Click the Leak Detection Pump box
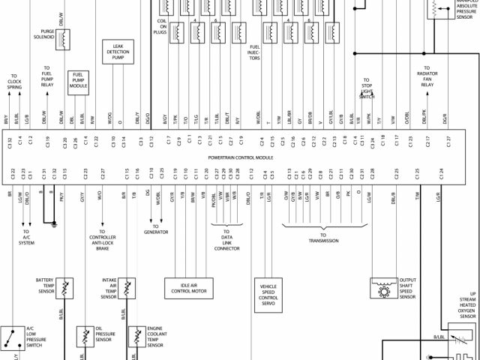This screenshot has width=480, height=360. coord(117,52)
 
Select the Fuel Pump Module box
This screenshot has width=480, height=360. coord(78,79)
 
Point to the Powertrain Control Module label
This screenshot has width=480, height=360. coord(240,158)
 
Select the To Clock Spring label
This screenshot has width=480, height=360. coord(14,82)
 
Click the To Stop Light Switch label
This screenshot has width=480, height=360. coord(367,88)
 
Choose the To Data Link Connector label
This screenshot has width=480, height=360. coord(222,241)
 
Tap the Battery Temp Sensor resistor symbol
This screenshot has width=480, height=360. coord(66,287)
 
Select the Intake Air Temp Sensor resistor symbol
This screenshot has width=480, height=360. coord(128,287)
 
